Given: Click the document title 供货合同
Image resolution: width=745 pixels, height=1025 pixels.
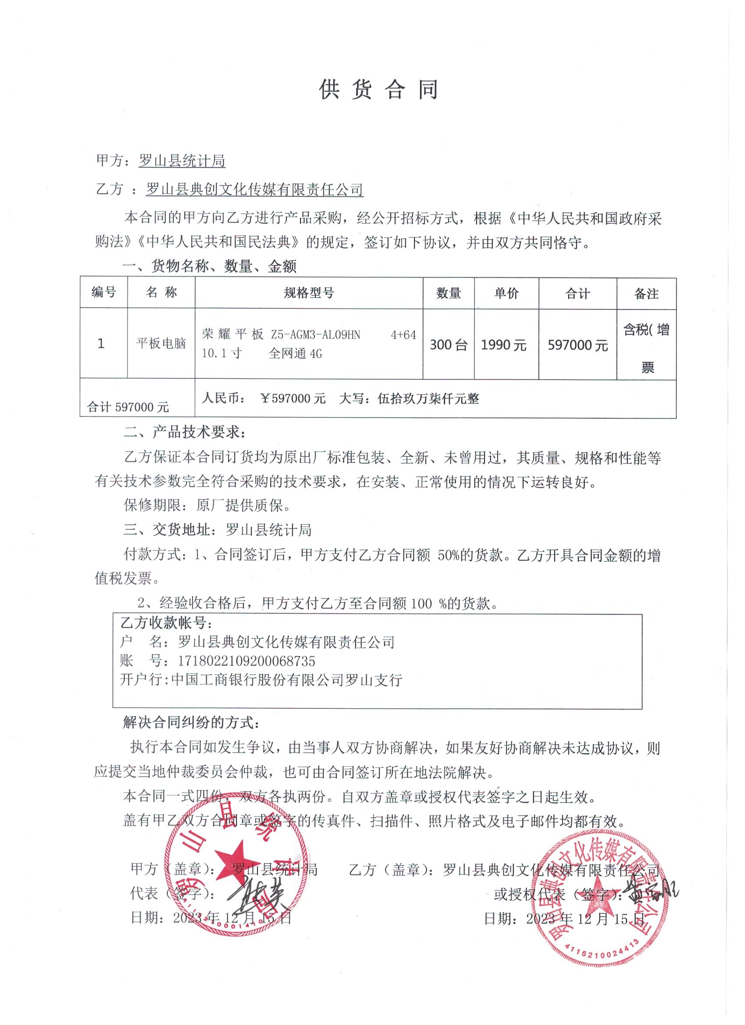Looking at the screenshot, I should (x=379, y=90).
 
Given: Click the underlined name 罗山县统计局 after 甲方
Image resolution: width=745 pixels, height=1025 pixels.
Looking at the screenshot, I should (x=181, y=161).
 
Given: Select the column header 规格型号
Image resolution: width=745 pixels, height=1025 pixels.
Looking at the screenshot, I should (x=309, y=293).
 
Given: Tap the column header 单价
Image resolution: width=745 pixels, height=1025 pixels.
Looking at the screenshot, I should (x=506, y=293).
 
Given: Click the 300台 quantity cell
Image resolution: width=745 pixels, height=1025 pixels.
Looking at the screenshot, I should (x=448, y=345).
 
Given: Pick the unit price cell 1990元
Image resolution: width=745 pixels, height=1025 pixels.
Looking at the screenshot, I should (x=504, y=345).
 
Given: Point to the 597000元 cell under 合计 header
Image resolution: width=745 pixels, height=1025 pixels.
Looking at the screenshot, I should (x=578, y=345).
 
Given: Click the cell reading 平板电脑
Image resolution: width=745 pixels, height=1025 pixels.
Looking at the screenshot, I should (x=161, y=343).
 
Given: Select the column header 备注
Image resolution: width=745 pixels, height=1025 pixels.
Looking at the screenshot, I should (x=646, y=294).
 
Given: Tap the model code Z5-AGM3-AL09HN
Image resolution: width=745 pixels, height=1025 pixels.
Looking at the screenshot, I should (x=316, y=335).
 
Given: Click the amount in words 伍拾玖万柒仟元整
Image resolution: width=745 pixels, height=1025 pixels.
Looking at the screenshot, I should (x=428, y=399).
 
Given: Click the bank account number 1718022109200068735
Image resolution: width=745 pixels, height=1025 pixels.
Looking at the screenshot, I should (x=246, y=661).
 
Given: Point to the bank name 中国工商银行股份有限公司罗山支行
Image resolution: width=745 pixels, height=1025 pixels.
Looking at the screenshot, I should (x=287, y=680).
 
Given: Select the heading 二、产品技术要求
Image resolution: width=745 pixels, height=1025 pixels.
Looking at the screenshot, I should (x=184, y=433).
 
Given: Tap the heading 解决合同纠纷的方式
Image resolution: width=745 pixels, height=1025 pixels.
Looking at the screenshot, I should (x=191, y=722).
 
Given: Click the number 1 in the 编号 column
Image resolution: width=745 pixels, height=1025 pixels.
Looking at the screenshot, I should (x=101, y=343).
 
